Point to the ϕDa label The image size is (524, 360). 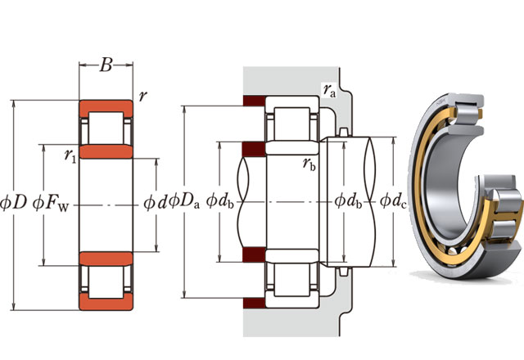pyautogui.click(x=182, y=200)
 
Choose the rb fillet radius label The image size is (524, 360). pyautogui.click(x=309, y=164)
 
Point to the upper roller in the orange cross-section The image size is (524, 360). pyautogui.click(x=106, y=128)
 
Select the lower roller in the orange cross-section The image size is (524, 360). pyautogui.click(x=106, y=281)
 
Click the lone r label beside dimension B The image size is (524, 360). pyautogui.click(x=143, y=96)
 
